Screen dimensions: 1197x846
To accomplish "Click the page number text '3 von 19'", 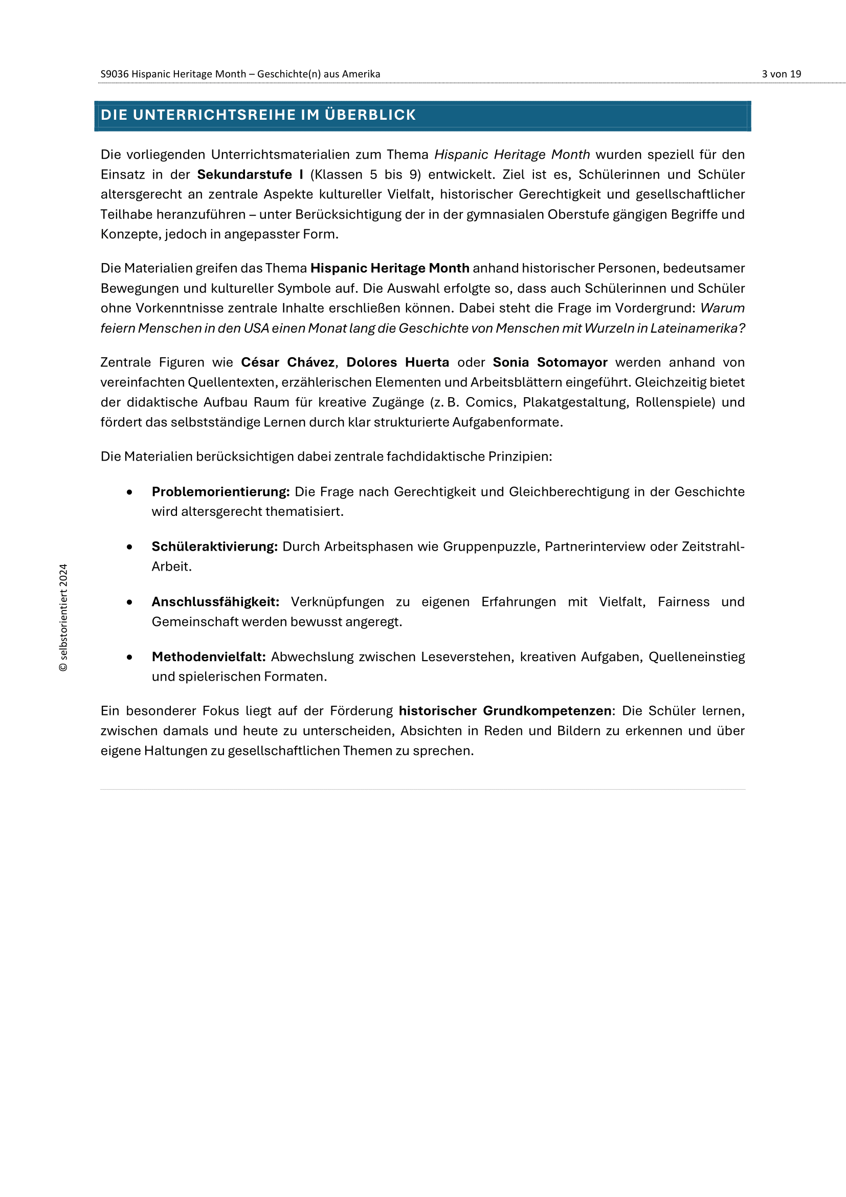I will click(781, 74).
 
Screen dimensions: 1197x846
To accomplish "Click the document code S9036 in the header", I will click(114, 74).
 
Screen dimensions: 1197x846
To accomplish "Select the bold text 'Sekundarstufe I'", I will click(250, 175).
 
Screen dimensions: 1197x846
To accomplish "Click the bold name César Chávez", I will click(287, 362).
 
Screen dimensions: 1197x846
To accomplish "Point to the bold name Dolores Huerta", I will click(397, 362).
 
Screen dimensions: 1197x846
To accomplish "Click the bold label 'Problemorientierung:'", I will click(220, 492).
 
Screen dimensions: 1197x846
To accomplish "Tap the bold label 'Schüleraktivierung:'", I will click(215, 547).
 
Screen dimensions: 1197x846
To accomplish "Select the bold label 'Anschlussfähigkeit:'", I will click(215, 602).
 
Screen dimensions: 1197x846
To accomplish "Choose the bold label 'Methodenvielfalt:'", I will click(209, 657).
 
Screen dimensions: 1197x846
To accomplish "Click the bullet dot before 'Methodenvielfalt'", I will click(129, 658).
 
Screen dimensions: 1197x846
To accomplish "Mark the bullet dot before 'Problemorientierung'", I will click(129, 492).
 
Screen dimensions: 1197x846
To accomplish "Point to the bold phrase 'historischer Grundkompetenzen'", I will click(505, 711).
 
